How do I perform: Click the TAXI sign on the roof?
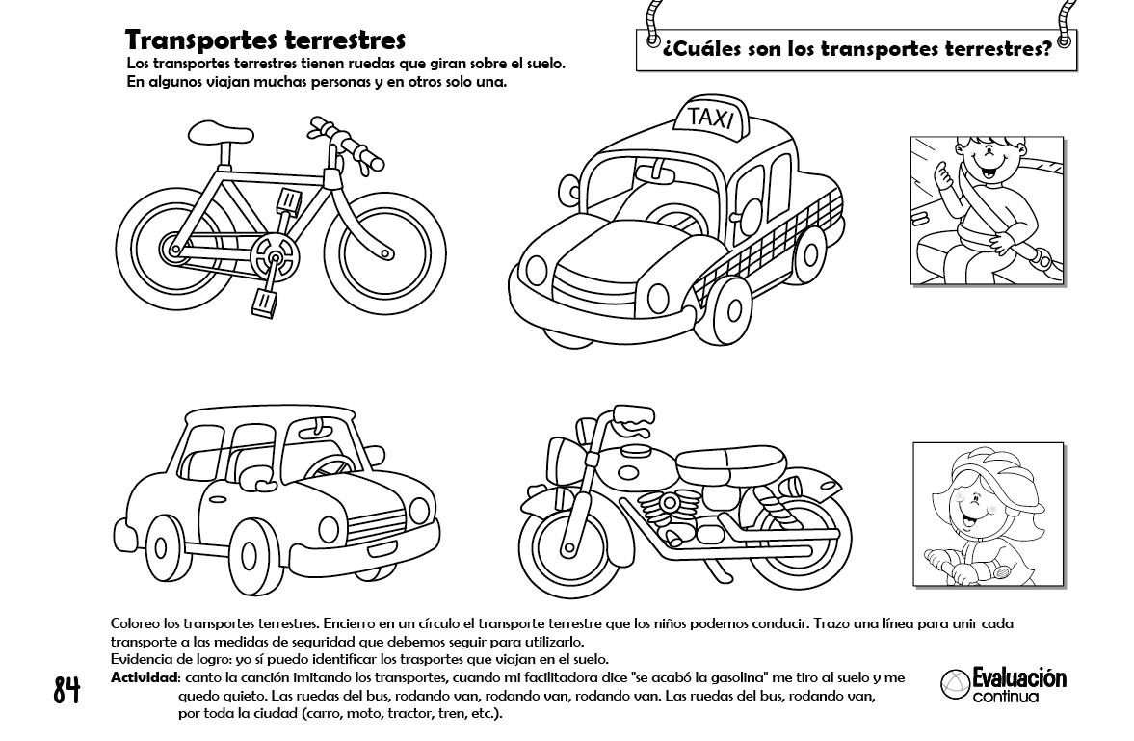[712, 118]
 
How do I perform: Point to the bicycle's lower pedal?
[264, 303]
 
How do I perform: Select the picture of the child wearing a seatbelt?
[986, 210]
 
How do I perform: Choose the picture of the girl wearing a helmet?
[988, 513]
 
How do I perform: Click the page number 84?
[66, 689]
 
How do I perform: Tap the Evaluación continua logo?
[1004, 684]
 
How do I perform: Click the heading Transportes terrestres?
[265, 40]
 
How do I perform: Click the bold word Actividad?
[144, 678]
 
